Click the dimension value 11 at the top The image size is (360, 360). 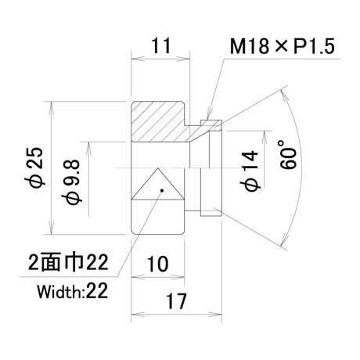point(161,45)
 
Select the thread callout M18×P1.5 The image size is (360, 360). point(282,46)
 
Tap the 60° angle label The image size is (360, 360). point(288,154)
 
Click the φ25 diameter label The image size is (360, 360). point(34,167)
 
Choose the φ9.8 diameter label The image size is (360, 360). point(71,182)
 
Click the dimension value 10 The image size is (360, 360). point(158,264)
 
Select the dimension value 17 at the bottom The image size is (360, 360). point(176,301)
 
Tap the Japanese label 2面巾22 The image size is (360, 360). point(68,261)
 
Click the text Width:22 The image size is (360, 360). point(72,291)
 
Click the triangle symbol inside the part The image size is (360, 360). point(158,184)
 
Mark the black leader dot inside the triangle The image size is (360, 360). point(162,190)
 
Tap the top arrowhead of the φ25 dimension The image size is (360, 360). point(52,107)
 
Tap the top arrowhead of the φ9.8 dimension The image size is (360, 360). point(89,148)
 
